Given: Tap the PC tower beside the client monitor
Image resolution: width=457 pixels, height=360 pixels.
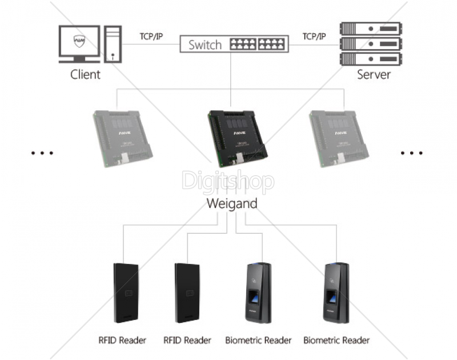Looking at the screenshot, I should point(113,44).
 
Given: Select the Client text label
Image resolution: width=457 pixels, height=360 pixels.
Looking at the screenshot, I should point(85,74).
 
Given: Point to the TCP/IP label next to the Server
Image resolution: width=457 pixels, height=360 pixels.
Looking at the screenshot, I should point(314,36).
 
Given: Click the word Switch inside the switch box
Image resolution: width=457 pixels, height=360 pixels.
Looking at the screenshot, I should point(205,44).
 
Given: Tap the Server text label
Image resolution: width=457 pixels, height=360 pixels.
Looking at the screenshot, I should point(374,74).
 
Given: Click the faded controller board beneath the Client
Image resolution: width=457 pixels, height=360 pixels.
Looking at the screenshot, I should point(125,136).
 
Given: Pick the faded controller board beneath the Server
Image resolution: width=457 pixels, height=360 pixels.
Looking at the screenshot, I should point(339,136).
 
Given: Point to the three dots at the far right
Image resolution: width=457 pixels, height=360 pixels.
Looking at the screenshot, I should point(412,153).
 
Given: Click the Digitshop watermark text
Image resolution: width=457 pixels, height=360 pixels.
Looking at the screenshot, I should point(227,182).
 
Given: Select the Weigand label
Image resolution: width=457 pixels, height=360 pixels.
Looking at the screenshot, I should point(231,203).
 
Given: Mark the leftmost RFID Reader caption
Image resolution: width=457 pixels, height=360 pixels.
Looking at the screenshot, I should point(122,341).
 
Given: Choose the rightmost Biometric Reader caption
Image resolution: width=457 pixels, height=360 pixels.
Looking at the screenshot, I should point(336,341).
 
